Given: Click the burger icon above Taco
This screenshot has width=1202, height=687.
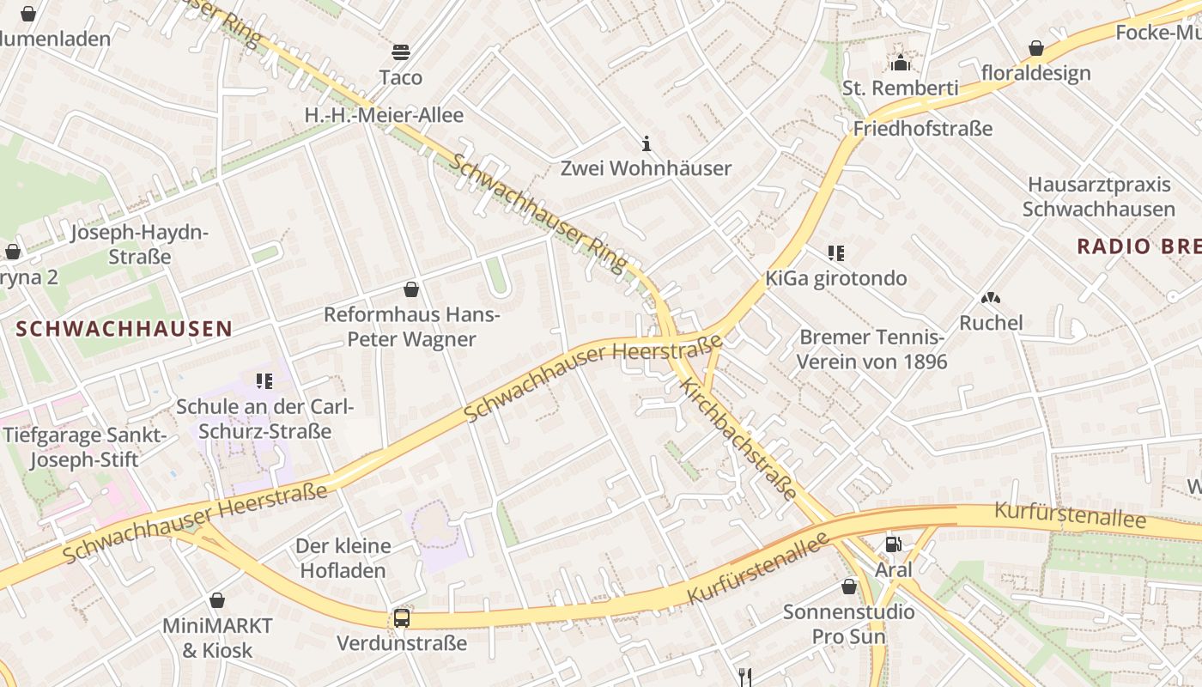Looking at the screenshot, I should (x=401, y=52).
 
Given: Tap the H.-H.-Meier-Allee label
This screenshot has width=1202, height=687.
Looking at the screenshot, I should (x=384, y=115).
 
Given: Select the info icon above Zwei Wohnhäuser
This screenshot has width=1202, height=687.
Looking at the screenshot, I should (x=647, y=143).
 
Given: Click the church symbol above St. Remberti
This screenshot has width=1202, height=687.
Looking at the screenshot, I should (x=900, y=63).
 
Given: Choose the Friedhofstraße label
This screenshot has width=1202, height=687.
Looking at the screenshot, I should (x=922, y=129).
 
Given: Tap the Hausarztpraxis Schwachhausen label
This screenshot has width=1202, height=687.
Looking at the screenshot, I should (x=1099, y=197).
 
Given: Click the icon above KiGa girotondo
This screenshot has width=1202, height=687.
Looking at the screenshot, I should (x=836, y=253).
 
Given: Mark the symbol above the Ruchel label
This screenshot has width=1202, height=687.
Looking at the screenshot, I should (x=991, y=299).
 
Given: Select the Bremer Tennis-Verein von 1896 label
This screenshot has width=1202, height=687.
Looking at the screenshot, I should (x=871, y=349).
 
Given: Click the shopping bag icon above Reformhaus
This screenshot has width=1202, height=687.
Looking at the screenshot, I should (x=411, y=289).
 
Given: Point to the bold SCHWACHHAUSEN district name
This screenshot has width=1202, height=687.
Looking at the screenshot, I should (x=124, y=328).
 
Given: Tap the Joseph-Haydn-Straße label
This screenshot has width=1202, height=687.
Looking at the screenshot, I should (x=139, y=245).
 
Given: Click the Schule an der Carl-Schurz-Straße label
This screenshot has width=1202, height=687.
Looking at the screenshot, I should (x=264, y=418).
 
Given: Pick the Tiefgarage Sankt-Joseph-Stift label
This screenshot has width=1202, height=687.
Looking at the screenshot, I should (x=84, y=447).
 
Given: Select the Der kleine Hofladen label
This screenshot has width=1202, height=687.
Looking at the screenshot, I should (x=343, y=557).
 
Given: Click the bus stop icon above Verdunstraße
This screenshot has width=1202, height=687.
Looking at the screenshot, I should (x=401, y=617).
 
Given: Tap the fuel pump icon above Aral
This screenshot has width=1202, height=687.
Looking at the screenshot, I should (x=893, y=544).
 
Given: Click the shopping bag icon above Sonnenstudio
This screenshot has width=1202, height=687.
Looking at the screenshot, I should (x=849, y=587).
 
